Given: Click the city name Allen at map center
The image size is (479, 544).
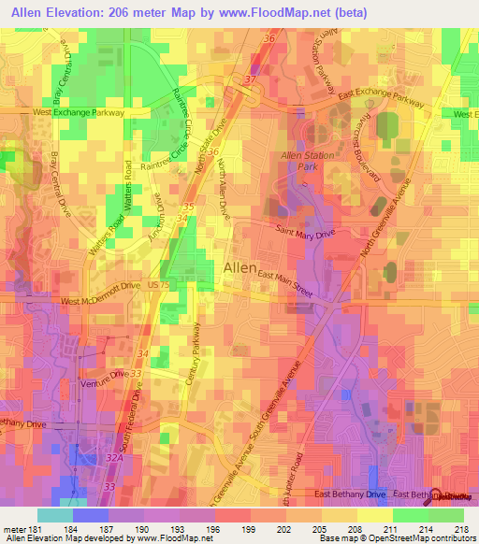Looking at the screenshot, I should point(241,268).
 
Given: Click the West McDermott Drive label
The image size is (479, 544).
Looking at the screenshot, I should point(99,302).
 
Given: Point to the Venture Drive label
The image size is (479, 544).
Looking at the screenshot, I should point(103,373).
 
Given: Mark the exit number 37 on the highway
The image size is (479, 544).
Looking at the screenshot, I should point(250,81).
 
